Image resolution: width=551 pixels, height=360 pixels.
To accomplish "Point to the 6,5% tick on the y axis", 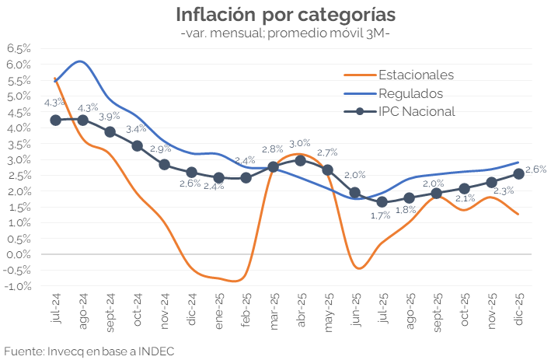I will (x=19, y=48).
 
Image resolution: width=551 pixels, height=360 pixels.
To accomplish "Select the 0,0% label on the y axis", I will (x=19, y=254).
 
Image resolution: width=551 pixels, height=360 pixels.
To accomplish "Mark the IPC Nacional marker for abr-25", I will (x=300, y=160).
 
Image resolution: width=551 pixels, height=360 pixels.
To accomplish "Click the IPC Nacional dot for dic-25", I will (x=518, y=173).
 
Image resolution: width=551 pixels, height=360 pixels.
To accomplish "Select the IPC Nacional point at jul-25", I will (x=382, y=201).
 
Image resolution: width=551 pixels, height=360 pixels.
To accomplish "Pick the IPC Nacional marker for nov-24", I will (x=164, y=164).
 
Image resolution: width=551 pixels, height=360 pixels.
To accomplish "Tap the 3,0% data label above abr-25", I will (x=299, y=143).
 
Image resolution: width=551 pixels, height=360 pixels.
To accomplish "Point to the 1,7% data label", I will (x=380, y=215).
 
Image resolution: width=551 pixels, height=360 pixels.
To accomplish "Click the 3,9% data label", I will (x=110, y=116).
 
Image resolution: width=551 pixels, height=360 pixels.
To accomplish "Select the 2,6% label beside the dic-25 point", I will (x=536, y=169).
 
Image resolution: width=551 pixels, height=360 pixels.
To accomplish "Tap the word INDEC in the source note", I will (x=154, y=351).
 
